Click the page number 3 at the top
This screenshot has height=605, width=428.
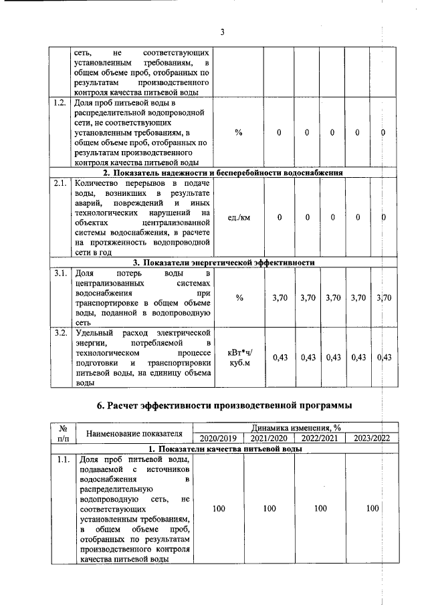222,31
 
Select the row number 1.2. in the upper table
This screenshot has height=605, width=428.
60,104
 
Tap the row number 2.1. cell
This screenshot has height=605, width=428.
60,183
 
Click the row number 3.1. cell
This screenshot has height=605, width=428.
60,273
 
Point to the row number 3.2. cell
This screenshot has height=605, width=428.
60,332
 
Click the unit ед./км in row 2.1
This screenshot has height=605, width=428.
239,217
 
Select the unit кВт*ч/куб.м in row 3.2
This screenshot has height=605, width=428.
239,358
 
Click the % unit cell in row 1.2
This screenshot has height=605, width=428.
239,132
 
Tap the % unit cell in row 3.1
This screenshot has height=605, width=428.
239,297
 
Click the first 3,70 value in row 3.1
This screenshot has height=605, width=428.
280,297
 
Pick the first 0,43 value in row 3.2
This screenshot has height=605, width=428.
280,358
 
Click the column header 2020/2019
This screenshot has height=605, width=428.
219,439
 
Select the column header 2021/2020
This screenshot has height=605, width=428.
270,439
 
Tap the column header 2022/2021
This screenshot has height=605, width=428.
320,439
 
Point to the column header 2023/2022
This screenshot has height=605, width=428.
372,439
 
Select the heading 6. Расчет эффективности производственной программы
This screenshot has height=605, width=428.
222,404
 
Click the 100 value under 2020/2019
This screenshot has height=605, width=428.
219,509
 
